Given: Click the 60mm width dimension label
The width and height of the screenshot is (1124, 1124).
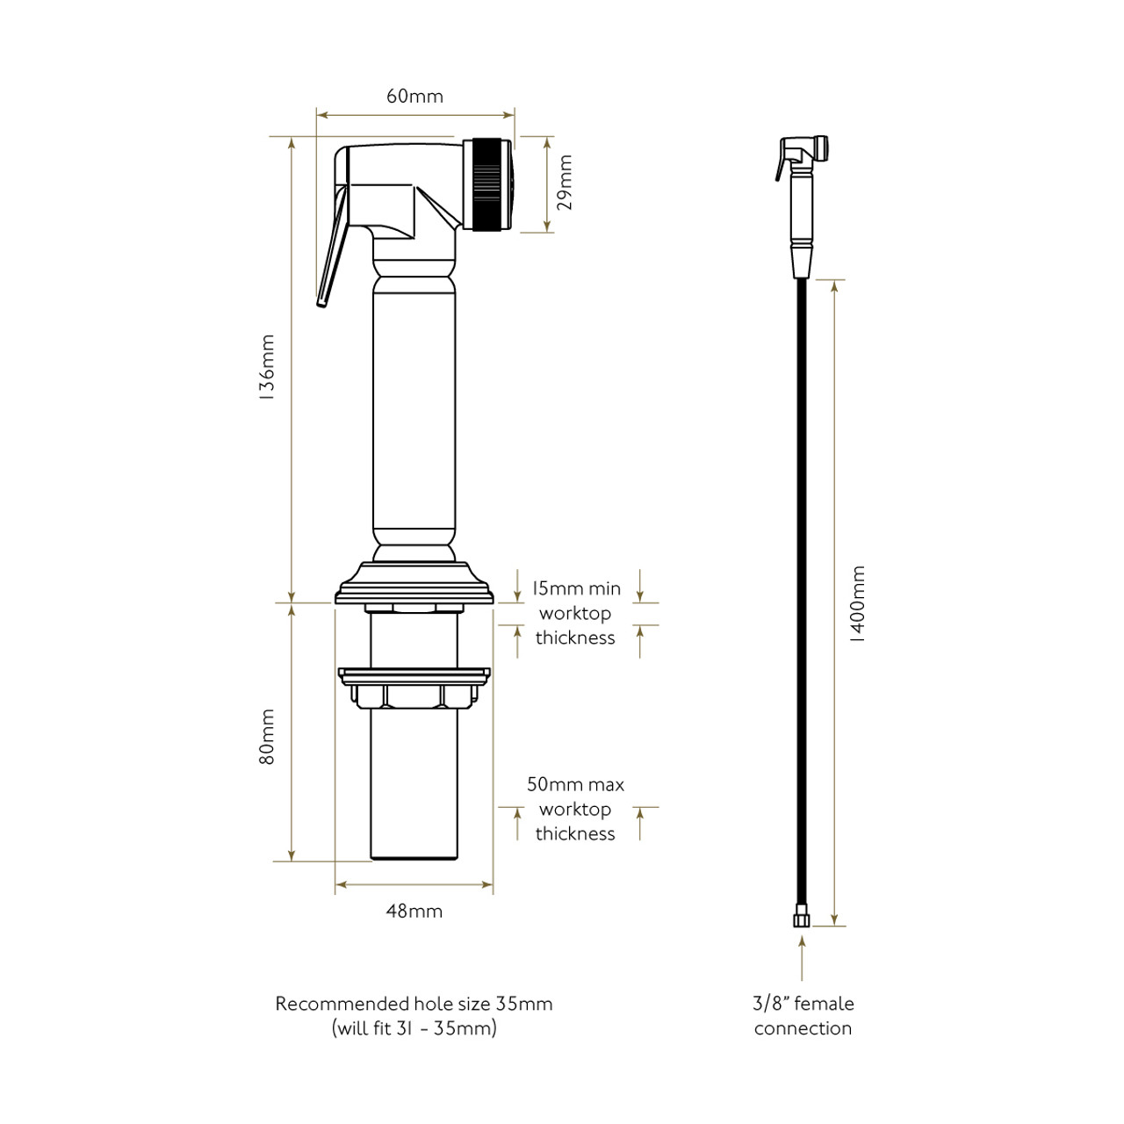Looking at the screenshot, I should [414, 96].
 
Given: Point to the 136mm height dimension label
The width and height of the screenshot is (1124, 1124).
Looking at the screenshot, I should [267, 367].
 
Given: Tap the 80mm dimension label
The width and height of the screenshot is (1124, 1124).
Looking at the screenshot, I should [267, 737].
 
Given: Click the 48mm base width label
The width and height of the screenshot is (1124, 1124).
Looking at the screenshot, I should [414, 911].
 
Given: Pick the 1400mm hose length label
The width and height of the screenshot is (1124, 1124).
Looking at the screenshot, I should [858, 605].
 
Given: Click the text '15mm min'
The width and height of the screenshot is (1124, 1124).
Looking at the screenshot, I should [575, 588].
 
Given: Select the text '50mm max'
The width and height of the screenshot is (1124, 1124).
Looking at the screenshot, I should [575, 784].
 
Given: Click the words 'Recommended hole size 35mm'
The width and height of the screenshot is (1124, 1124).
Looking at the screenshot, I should [414, 1004].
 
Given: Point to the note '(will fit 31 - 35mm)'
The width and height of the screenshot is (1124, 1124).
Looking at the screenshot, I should [414, 1028].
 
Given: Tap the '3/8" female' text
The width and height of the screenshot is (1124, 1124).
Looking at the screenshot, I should [803, 1004].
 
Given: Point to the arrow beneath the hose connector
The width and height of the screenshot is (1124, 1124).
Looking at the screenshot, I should [801, 957].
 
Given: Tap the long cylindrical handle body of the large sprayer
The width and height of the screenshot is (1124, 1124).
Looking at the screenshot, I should [414, 413].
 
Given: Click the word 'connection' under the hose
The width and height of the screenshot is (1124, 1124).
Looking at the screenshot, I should [803, 1028].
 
